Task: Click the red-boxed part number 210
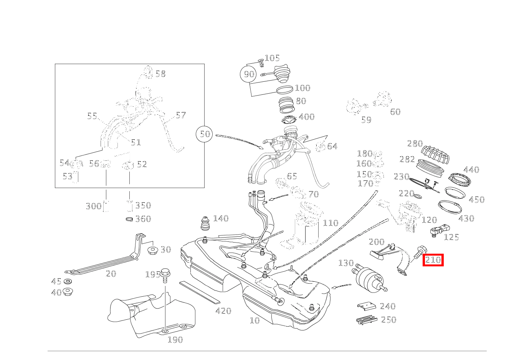pyautogui.click(x=433, y=260)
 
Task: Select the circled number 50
pyautogui.click(x=205, y=134)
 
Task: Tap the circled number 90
pyautogui.click(x=249, y=74)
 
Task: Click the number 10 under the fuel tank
pyautogui.click(x=255, y=320)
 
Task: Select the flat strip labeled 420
pyautogui.click(x=199, y=292)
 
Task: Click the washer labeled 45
pyautogui.click(x=68, y=282)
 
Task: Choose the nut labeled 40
pyautogui.click(x=68, y=292)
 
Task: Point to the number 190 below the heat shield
pyautogui.click(x=175, y=340)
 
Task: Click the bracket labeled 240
pyautogui.click(x=367, y=306)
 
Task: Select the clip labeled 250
pyautogui.click(x=366, y=320)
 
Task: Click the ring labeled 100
pyautogui.click(x=284, y=91)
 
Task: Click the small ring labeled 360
pyautogui.click(x=130, y=219)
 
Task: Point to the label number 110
pyautogui.click(x=331, y=223)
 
